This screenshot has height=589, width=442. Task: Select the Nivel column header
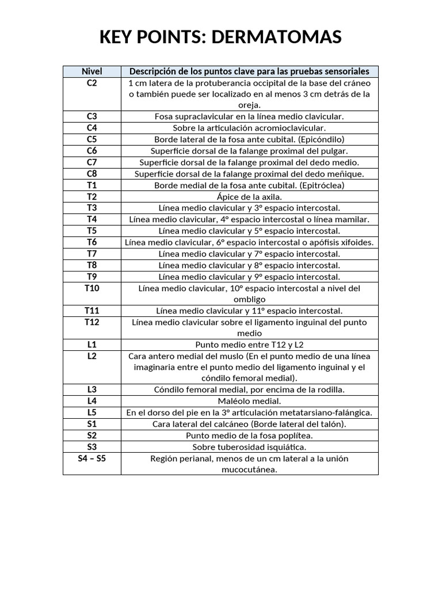pos(92,71)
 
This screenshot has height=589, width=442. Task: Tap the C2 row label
pos(92,83)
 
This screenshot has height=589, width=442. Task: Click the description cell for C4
pos(249,128)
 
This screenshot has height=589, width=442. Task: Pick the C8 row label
pos(92,174)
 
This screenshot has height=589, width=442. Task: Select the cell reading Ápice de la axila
pos(249,197)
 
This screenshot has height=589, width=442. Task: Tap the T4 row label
pos(92,219)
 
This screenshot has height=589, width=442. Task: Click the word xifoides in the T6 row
pos(357,242)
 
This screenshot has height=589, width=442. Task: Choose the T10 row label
pos(92,288)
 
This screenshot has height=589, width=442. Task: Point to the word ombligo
pos(249,299)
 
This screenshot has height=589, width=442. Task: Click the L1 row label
pos(92,345)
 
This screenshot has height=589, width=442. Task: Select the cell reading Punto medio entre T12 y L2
pos(249,345)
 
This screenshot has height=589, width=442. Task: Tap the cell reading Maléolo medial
pos(249,401)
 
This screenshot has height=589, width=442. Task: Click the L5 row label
pos(92,412)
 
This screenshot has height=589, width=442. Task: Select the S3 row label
pos(92,447)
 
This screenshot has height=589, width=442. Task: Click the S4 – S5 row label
pos(92,458)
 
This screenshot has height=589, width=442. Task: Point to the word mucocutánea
pos(249,469)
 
